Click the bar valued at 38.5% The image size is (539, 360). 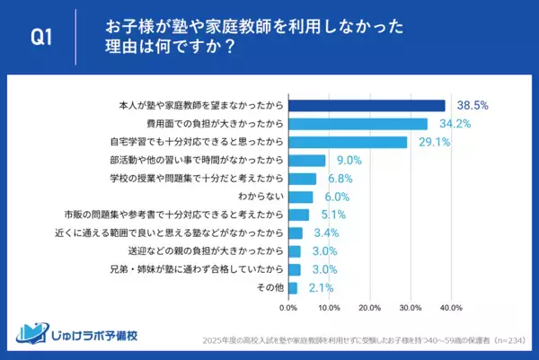pos(367,105)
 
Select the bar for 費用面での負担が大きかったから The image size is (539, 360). pos(358,124)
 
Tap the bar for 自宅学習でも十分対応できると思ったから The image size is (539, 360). pos(348,142)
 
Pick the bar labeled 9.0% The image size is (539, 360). pos(306,160)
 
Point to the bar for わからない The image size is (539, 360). pos(300,197)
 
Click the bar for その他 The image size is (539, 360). pos(292,287)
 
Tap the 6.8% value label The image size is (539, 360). pos(339,179)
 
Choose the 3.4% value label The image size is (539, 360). pos(324,233)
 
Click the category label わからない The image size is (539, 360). pos(261,197)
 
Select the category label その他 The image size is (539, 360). pos(269,287)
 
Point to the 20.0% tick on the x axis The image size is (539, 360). pos(369,308)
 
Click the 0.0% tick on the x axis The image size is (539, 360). pos(288,308)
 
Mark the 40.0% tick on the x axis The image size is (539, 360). pos(450,308)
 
